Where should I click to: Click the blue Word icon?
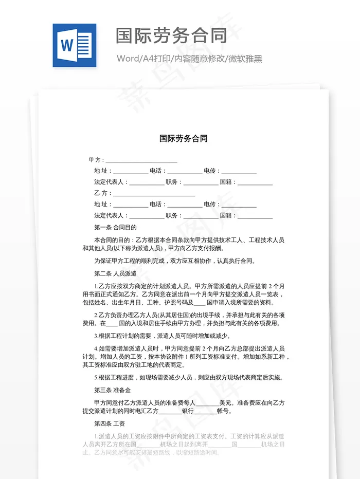tap(74, 45)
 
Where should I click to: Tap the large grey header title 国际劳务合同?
tap(171, 35)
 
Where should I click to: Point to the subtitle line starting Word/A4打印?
tap(189, 59)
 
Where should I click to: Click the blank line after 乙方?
tap(154, 193)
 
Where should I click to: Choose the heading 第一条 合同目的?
tap(115, 227)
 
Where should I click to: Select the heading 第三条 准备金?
tap(112, 390)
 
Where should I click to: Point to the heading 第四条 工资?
tap(110, 423)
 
